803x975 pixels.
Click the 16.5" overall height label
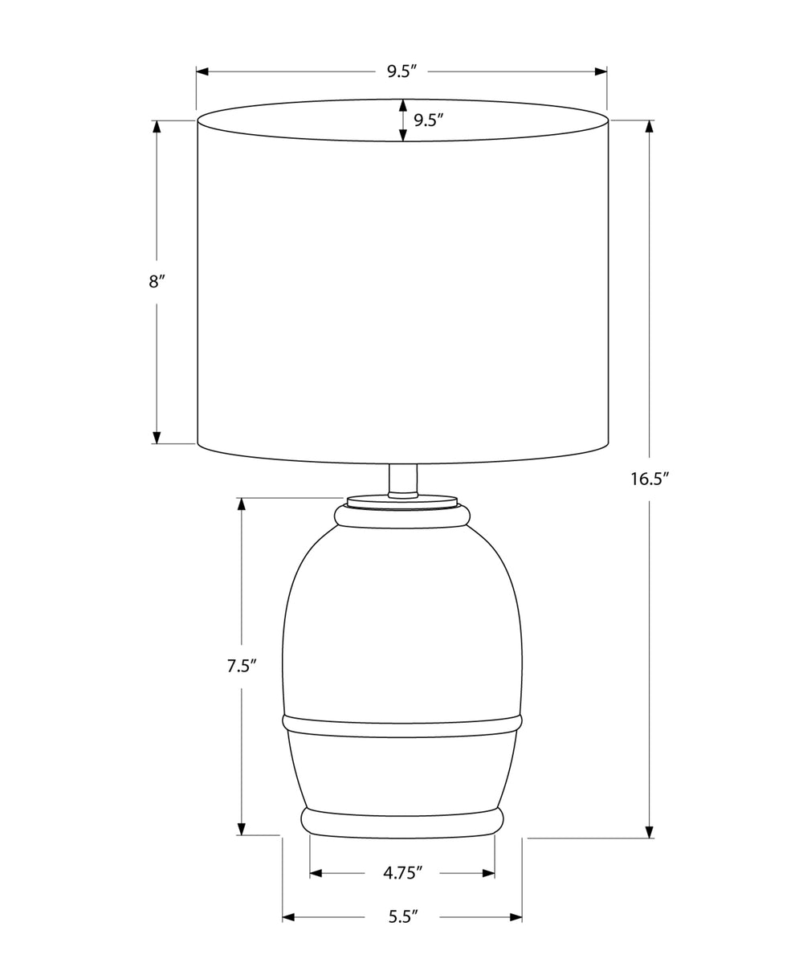650,479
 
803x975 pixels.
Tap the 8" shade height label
157,282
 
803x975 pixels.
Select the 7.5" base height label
243,666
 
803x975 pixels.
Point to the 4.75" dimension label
402,873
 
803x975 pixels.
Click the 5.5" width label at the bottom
402,916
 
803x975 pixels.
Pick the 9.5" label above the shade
401,71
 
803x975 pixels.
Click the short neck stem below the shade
403,480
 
